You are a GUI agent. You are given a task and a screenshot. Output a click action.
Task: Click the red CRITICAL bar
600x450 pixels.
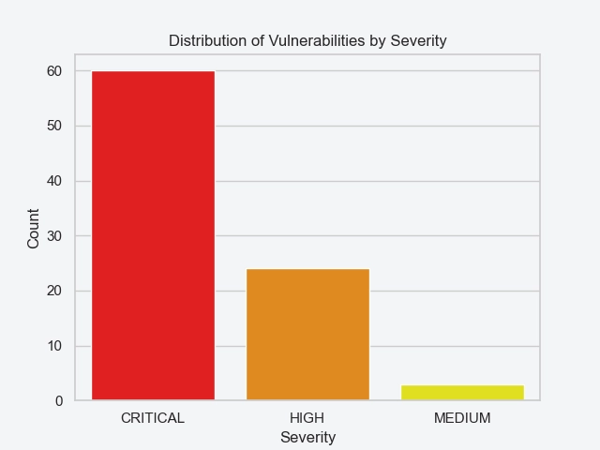coord(153,235)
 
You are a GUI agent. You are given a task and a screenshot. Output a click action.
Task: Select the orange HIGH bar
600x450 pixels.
coord(307,335)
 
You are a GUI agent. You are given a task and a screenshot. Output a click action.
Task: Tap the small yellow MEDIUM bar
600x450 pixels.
coord(462,393)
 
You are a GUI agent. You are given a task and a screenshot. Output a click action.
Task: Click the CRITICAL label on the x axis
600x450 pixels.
coord(153,418)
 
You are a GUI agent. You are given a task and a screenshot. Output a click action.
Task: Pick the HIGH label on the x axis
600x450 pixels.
coord(307,418)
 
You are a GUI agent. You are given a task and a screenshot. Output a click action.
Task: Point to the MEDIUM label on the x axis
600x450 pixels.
coord(462,418)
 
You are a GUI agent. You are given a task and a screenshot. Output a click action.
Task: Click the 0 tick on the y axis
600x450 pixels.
coord(58,401)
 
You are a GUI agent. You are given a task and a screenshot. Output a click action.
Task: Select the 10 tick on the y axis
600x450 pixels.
coord(54,346)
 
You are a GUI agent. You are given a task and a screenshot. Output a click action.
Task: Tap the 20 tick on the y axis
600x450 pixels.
coord(54,291)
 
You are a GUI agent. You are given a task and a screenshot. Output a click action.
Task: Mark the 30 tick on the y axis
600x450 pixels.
coord(54,236)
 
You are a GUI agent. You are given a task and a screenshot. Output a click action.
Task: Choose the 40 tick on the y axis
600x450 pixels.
coord(54,181)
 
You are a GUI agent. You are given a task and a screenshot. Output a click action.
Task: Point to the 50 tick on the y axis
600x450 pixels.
coord(54,126)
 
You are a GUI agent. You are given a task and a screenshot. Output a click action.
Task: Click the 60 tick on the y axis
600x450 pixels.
coord(54,71)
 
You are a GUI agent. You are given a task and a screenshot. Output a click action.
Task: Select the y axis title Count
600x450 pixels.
coord(34,229)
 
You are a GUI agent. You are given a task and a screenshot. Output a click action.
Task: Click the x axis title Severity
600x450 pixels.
coord(307,437)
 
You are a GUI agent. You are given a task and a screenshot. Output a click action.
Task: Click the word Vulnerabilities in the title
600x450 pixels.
coord(308,41)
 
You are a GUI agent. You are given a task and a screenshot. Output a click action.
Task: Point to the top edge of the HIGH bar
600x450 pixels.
coord(307,269)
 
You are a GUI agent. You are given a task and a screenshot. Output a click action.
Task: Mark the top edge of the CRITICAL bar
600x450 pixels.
coord(153,71)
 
